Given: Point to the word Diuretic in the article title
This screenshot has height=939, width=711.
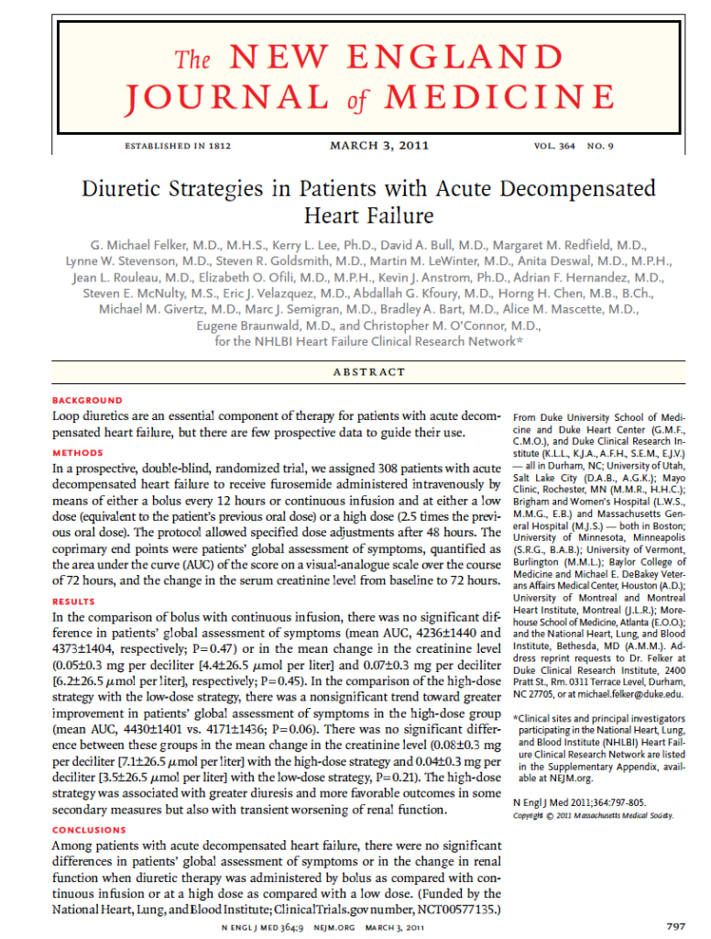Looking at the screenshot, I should coord(123,191).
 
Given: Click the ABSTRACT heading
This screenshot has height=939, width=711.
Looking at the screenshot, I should coord(370,371).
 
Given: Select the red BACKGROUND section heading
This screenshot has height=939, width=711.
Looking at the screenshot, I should coord(87,401).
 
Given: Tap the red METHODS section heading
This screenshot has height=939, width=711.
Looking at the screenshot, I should coord(78,453).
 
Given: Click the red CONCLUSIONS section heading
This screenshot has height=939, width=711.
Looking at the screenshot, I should coord(90,830).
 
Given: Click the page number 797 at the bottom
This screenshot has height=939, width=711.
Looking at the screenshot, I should coord(676,925).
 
